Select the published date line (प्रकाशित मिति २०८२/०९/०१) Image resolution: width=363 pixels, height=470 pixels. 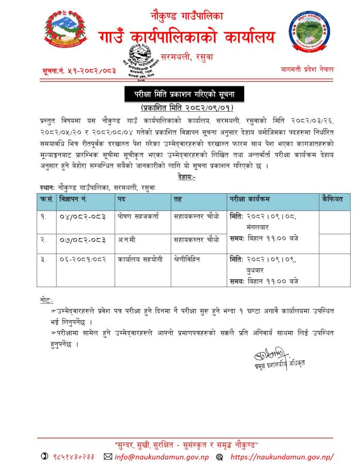[187, 108]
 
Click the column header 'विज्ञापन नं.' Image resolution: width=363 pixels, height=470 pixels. [75, 198]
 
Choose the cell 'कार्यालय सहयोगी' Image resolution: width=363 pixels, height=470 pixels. [140, 262]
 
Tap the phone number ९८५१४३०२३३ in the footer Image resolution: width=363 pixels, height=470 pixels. [74, 457]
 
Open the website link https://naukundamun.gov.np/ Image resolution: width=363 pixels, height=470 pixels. [281, 457]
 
